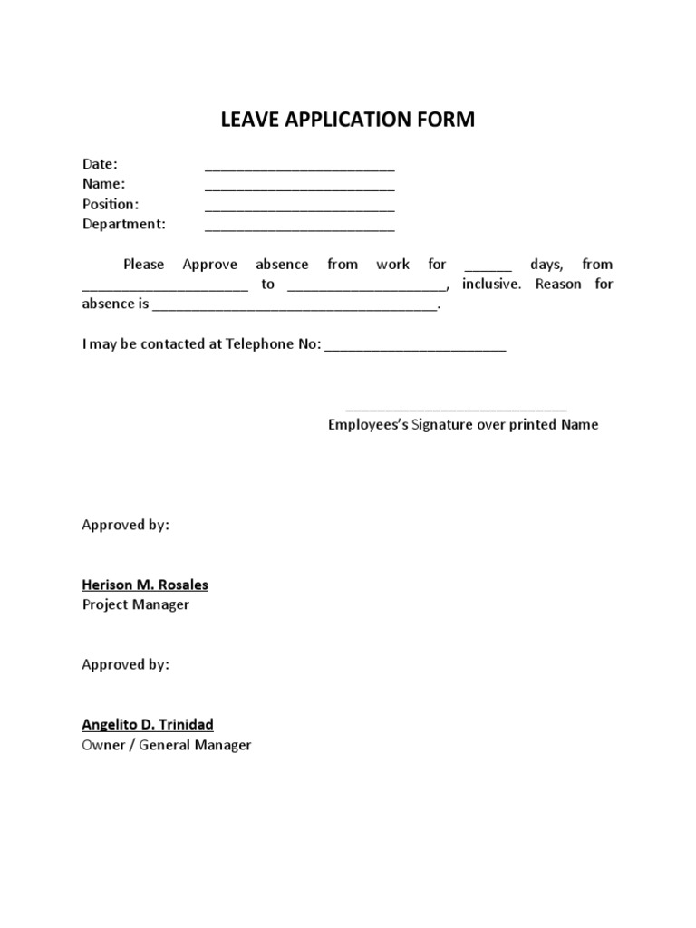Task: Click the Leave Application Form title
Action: click(x=347, y=120)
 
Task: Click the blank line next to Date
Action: click(x=299, y=168)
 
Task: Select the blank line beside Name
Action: click(x=299, y=188)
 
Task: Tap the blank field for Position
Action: click(x=299, y=208)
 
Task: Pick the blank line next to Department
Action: click(x=299, y=227)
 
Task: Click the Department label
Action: click(x=124, y=224)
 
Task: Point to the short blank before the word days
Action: click(x=488, y=268)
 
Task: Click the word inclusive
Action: click(x=491, y=285)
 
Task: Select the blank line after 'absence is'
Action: click(x=295, y=308)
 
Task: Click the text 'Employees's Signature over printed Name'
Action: click(x=463, y=425)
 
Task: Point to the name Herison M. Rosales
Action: click(x=145, y=585)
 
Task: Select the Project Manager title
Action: click(x=136, y=604)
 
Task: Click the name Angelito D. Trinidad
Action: click(x=149, y=725)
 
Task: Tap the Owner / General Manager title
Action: click(x=167, y=745)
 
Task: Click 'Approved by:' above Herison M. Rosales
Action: click(x=125, y=526)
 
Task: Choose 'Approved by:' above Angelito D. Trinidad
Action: click(x=125, y=665)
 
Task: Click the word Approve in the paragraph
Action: click(x=209, y=265)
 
